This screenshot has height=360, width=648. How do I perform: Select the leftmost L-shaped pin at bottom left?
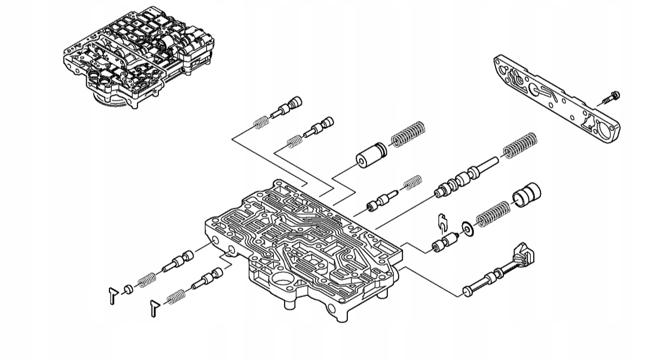pyautogui.click(x=112, y=295)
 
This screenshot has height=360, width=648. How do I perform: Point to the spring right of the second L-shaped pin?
pyautogui.click(x=175, y=295)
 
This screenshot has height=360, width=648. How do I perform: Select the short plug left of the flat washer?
pyautogui.click(x=444, y=245)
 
